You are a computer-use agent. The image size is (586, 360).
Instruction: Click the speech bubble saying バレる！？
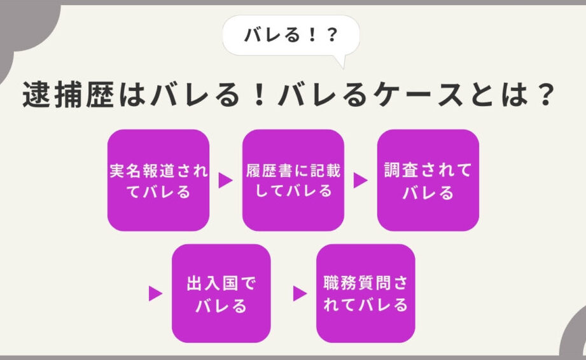[x=291, y=36]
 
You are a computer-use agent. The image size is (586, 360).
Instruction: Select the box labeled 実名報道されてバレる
[x=158, y=180]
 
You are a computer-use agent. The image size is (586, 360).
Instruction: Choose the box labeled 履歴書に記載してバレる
[x=293, y=180]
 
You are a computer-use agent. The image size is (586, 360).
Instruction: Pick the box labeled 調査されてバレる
[x=428, y=180]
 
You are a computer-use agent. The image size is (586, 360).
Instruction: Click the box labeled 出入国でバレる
[x=221, y=293]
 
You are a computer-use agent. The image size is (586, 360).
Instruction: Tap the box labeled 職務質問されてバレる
[x=366, y=293]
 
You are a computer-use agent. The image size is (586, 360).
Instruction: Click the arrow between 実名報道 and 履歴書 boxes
[x=225, y=181]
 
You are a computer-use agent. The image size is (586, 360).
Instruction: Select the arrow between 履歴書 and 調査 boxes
[x=360, y=181]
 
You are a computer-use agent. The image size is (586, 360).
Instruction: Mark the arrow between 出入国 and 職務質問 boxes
[x=300, y=294]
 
